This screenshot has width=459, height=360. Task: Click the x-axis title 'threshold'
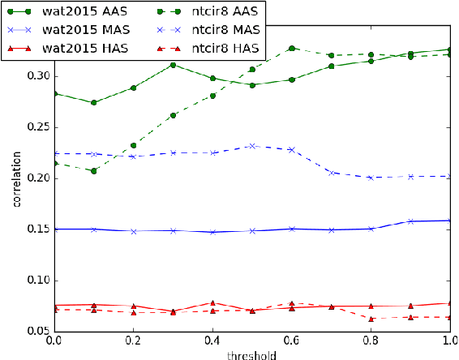click(x=252, y=353)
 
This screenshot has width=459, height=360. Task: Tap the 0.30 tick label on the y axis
click(x=36, y=76)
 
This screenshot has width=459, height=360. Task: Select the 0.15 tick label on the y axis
click(x=36, y=229)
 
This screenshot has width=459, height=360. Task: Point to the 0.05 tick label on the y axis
click(x=36, y=331)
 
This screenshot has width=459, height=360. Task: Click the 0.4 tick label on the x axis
click(x=212, y=341)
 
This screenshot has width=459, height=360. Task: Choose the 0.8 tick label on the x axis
click(x=371, y=341)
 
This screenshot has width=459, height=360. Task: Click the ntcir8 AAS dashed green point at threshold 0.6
click(x=292, y=49)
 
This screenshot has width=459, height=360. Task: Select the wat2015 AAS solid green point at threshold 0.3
click(x=173, y=65)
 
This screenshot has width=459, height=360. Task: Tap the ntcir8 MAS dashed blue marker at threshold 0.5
click(x=252, y=146)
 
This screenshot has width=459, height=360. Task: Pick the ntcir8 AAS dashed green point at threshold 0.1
click(x=94, y=171)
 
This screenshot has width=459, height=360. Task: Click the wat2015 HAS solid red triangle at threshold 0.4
click(x=212, y=302)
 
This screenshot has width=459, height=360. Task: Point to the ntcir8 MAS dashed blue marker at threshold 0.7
click(x=332, y=173)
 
